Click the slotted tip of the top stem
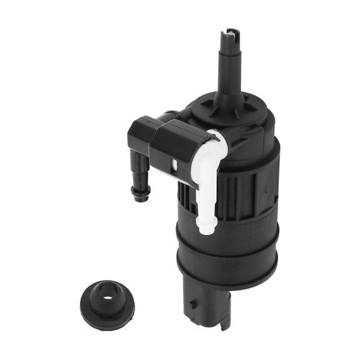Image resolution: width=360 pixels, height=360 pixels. click(232, 34)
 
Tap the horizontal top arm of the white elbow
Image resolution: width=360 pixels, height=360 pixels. click(212, 140)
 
